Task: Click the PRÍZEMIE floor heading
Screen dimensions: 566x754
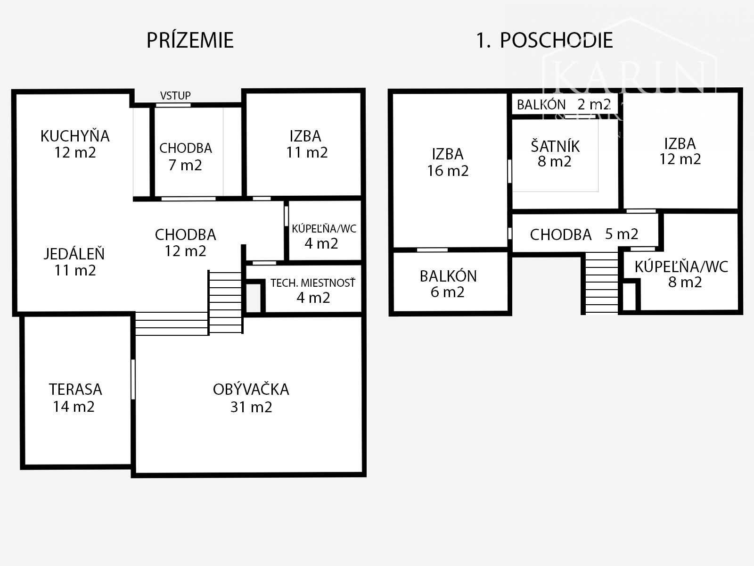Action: point(190,41)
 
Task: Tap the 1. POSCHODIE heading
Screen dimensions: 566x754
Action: point(544,41)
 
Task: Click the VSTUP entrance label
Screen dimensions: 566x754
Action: point(175,95)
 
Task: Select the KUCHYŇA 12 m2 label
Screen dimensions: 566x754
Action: point(75,144)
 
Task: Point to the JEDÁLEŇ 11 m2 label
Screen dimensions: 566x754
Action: point(74,262)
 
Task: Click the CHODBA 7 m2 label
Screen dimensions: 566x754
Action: point(185,156)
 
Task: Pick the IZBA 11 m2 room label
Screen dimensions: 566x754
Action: point(306,144)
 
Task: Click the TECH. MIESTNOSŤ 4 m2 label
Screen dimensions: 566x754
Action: point(313,290)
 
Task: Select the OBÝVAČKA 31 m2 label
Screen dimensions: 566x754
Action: point(251,398)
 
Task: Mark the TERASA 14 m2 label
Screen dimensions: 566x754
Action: point(75,398)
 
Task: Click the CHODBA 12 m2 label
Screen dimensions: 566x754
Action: point(185,242)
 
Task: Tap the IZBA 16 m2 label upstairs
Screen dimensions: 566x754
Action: point(448,162)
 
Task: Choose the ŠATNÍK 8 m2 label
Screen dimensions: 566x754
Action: point(555,153)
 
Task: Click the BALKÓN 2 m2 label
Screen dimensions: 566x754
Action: point(564,104)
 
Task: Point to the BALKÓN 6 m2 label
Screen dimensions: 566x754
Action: point(448,283)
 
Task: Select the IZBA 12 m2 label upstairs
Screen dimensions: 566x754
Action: point(680,151)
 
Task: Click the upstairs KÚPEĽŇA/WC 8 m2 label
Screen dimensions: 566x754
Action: point(681,274)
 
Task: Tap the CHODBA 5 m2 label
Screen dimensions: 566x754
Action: point(583,234)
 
